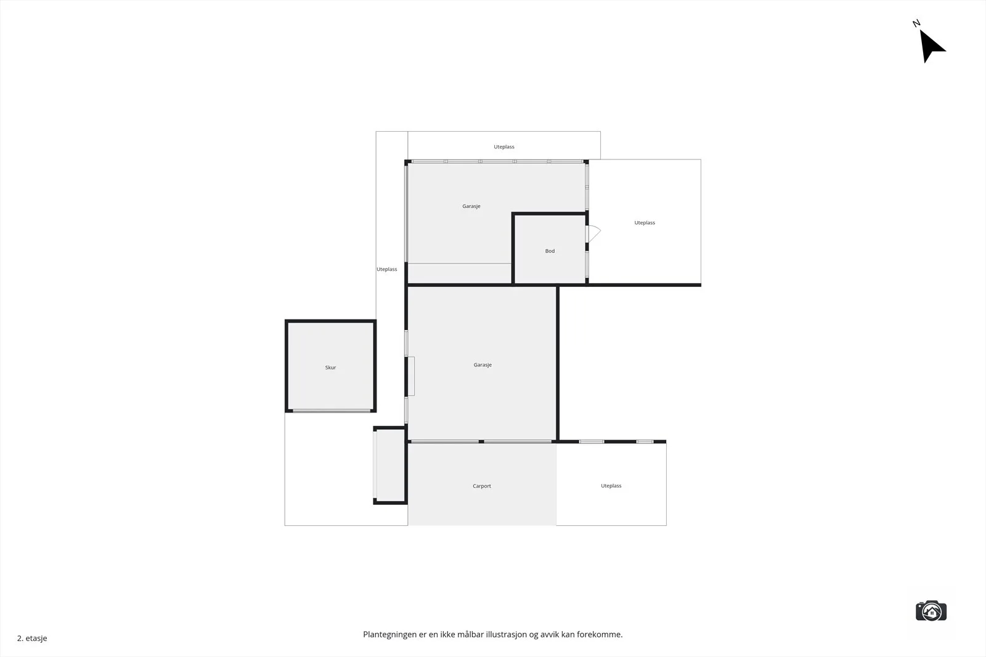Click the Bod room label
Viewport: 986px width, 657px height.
pos(550,251)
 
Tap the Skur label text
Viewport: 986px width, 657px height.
pos(330,368)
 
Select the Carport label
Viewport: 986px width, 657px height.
pos(481,486)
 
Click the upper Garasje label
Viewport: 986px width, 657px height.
pos(471,206)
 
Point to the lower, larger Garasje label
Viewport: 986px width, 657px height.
pos(483,365)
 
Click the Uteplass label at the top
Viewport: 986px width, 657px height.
pos(504,147)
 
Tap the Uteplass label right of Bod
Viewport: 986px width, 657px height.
pos(645,223)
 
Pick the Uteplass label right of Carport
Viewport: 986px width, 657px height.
pos(611,486)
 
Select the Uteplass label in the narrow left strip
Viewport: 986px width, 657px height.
pos(386,269)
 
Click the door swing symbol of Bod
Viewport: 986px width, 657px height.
pos(595,233)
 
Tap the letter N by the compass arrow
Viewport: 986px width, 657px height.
pos(916,23)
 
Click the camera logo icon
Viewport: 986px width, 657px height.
pos(931,611)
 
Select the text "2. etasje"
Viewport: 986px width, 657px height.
pos(32,638)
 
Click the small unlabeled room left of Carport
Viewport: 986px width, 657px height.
pos(391,466)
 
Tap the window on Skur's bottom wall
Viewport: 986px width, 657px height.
pos(332,411)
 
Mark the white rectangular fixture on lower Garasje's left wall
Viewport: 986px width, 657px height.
pos(411,376)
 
